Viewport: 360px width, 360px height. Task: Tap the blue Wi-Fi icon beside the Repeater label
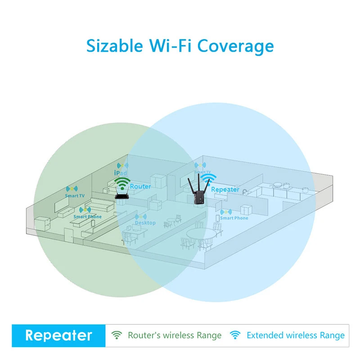tap(206, 180)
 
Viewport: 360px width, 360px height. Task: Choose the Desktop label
tap(145, 223)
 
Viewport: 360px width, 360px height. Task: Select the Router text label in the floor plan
tap(140, 186)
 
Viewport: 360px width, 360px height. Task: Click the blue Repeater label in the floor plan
tap(225, 189)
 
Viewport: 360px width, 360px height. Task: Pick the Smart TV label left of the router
tap(74, 196)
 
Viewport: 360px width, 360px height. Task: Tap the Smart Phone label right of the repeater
tap(234, 218)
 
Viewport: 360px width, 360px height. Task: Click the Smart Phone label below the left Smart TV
tap(88, 217)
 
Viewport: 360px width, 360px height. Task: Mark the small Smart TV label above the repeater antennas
tap(202, 172)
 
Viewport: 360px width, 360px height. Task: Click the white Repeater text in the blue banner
tap(58, 335)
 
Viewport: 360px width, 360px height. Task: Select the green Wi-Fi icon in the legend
tap(117, 335)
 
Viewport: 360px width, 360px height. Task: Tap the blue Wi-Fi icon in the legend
tap(235, 335)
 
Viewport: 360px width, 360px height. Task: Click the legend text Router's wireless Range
tap(175, 335)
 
